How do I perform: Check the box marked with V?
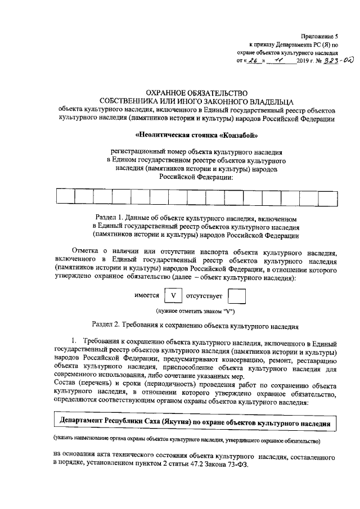(173, 295)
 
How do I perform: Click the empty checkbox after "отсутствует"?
(237, 295)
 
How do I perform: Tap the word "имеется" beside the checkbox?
(147, 295)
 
